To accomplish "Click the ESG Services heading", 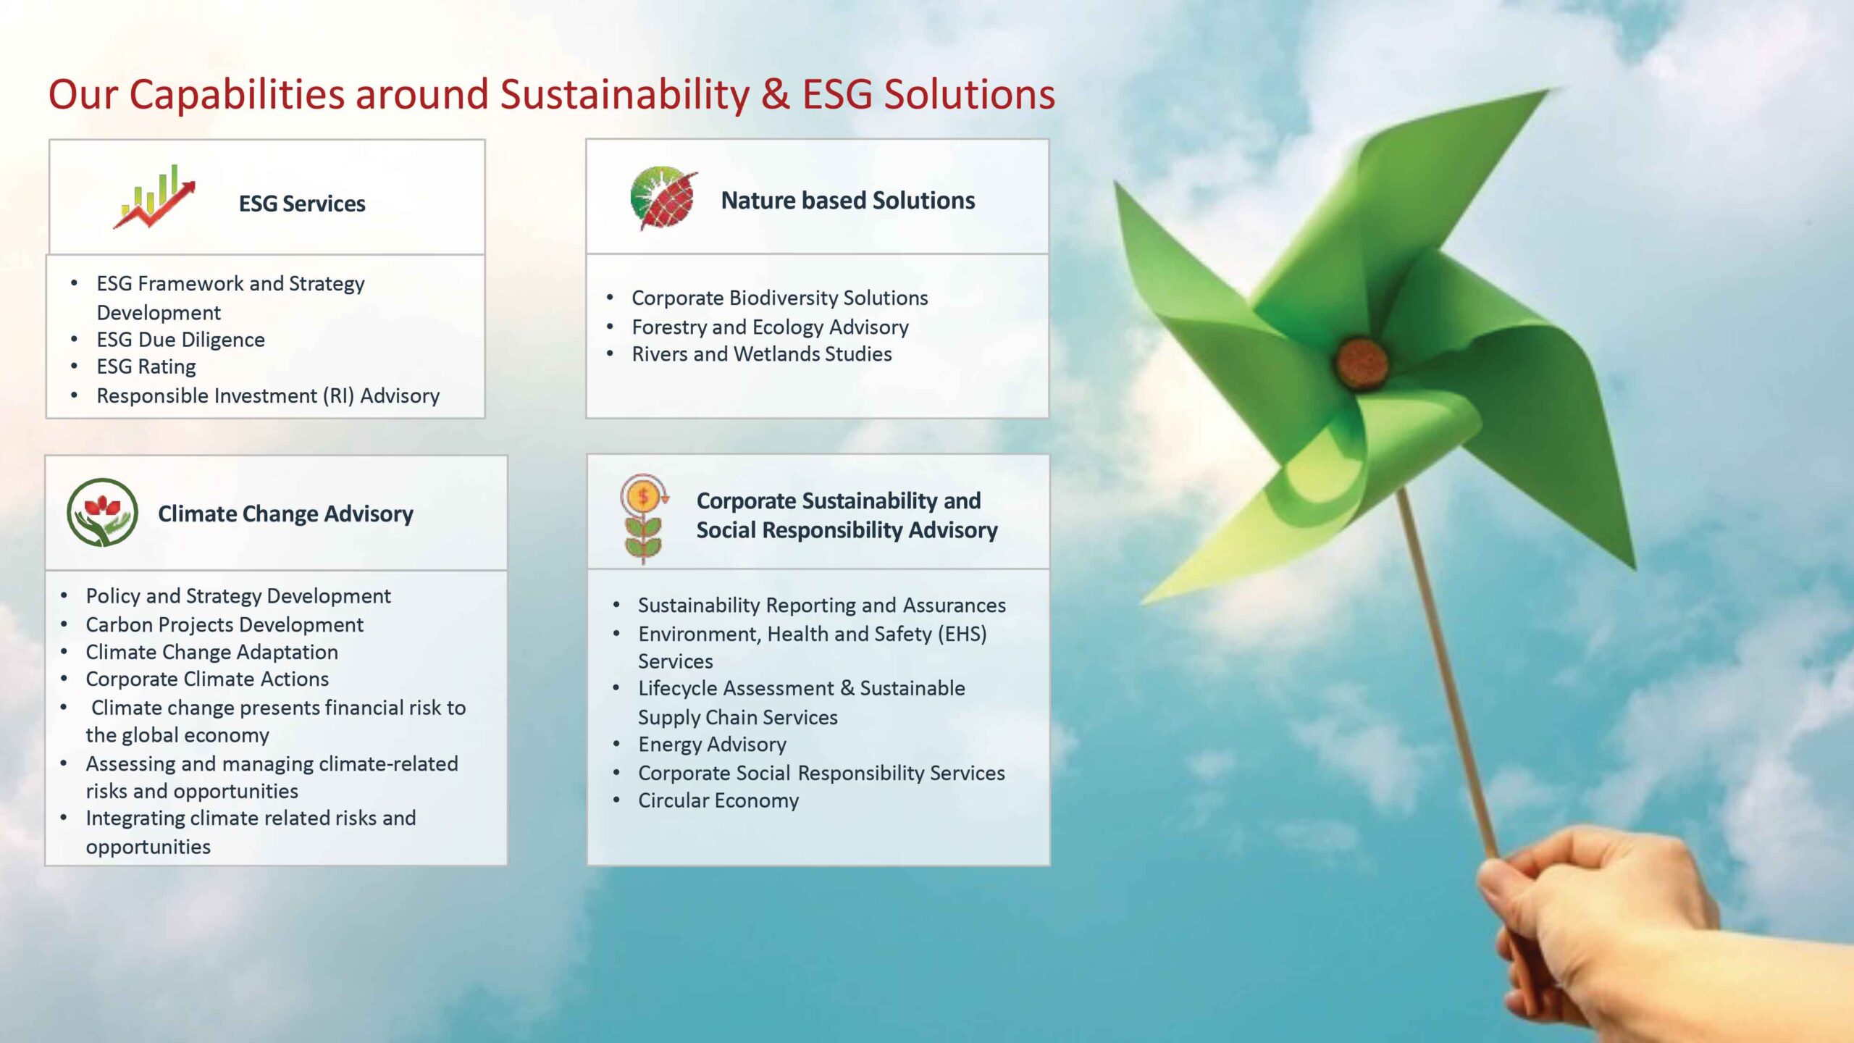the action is click(302, 204).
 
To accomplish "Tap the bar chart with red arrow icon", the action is click(154, 196).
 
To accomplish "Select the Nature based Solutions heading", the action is click(848, 200).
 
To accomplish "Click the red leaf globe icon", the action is click(663, 198).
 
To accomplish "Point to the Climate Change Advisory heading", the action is click(285, 514).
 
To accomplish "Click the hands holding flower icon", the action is click(102, 512).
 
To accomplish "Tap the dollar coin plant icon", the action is click(643, 519).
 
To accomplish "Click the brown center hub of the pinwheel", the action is click(1362, 362).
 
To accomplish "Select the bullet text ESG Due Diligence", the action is click(180, 340).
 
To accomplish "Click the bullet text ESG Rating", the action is click(146, 367).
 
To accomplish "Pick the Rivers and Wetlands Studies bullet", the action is click(762, 354).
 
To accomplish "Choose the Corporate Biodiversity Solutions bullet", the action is click(780, 298).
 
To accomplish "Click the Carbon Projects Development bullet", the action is click(225, 624).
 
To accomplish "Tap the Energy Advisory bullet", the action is click(712, 745).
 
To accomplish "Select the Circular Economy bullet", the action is click(718, 800).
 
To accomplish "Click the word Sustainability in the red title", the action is click(625, 96).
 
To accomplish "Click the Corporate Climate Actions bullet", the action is click(207, 679).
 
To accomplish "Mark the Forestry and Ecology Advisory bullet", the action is click(770, 327).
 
